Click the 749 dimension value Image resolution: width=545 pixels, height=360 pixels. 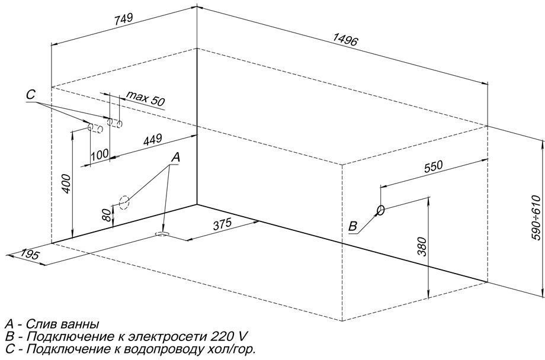(123, 18)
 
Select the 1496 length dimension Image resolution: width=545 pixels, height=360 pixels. (345, 40)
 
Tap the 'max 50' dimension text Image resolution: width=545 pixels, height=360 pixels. (145, 98)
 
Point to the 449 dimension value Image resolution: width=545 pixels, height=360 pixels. (153, 140)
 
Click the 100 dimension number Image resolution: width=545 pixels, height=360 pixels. (100, 154)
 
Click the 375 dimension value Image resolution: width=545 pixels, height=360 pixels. (222, 224)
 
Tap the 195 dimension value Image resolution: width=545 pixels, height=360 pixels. (30, 255)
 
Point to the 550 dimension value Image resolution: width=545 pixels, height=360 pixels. (434, 166)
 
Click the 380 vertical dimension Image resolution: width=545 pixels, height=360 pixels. (421, 246)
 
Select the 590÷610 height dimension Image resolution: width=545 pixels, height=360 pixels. (537, 218)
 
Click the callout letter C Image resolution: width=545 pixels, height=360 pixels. (31, 94)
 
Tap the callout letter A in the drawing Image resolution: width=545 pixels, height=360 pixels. (176, 157)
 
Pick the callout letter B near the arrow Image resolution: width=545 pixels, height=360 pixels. (353, 227)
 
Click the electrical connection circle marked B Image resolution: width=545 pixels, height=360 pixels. (380, 210)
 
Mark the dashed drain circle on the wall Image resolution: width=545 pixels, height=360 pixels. (124, 202)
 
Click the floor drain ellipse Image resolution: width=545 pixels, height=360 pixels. (162, 234)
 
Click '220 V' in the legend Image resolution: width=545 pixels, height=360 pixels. (230, 336)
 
